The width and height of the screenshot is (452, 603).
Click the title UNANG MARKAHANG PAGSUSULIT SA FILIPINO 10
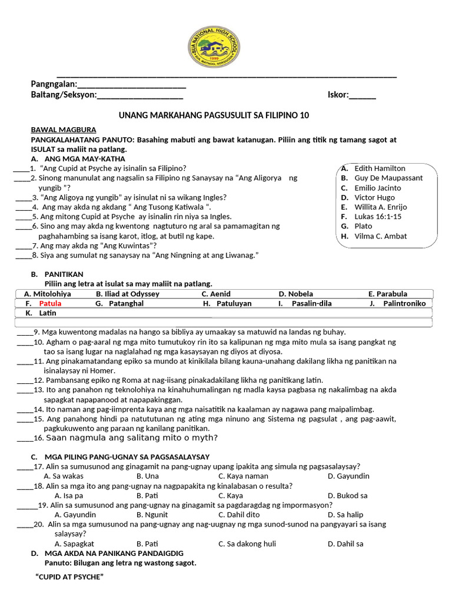[214, 115]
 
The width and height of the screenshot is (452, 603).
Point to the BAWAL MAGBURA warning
[64, 130]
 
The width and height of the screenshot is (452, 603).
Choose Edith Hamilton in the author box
[380, 168]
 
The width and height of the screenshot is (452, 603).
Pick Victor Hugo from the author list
[374, 197]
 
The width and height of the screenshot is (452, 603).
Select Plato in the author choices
[363, 226]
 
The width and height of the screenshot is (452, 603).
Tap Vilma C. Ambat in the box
[380, 236]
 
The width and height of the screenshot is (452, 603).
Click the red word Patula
[50, 303]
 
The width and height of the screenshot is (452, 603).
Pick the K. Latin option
[41, 313]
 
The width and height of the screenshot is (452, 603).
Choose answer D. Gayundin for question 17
[348, 476]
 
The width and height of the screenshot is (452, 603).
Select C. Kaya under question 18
[231, 495]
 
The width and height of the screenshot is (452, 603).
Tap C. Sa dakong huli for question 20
[247, 544]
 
